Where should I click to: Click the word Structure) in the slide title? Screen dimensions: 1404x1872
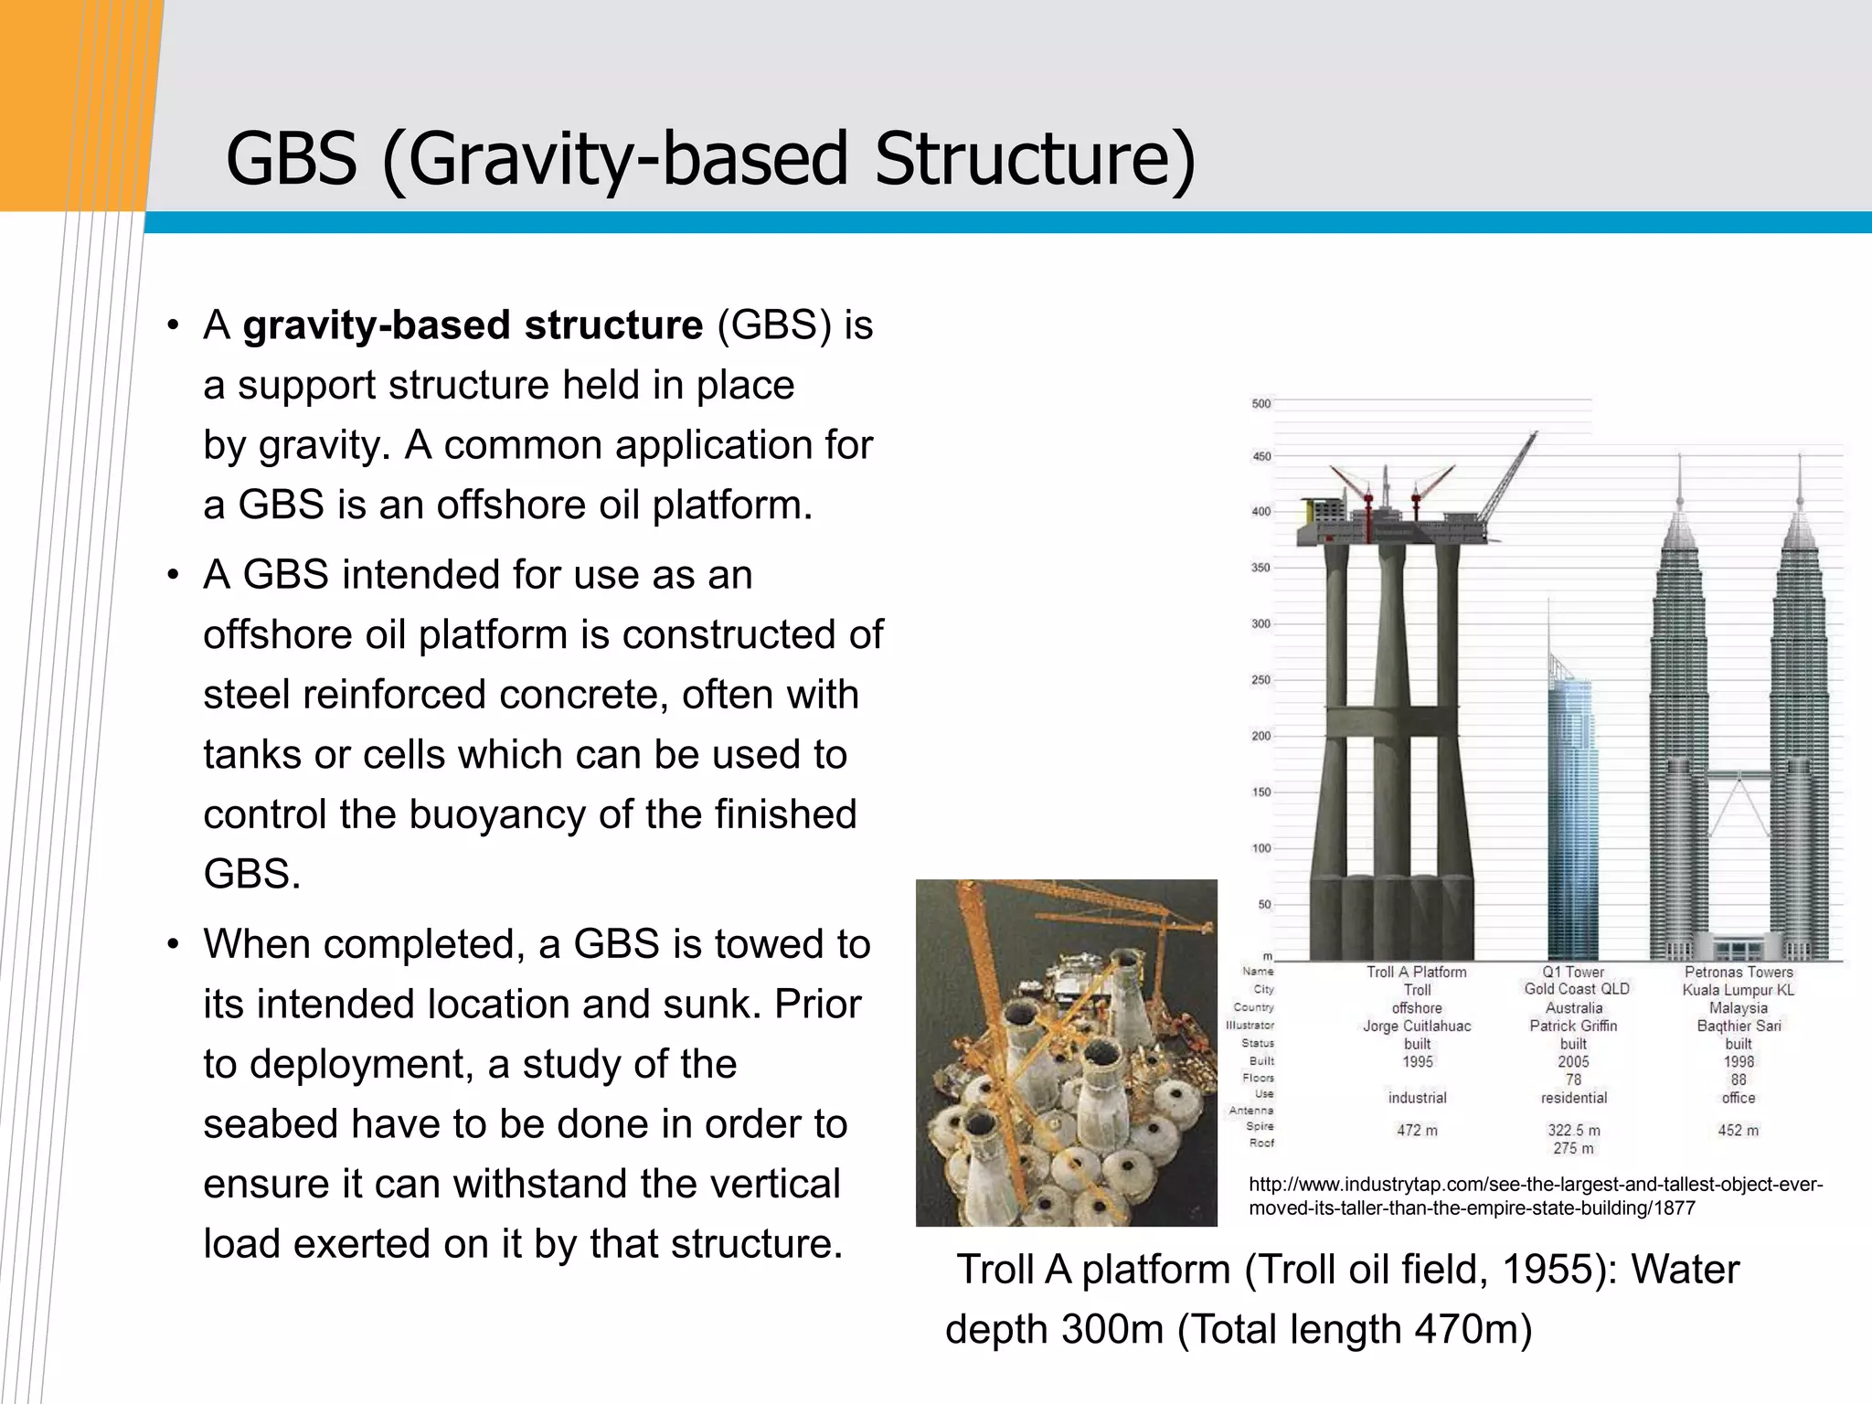tap(1034, 159)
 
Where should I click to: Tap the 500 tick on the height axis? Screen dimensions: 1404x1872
tap(1260, 403)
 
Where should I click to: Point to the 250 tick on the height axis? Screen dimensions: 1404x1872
tap(1260, 680)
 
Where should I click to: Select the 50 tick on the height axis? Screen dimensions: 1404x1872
tap(1264, 904)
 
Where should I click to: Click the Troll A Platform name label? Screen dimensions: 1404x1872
tap(1416, 973)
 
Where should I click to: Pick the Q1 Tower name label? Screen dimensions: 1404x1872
tap(1573, 973)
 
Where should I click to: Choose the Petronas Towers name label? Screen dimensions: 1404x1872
tap(1739, 973)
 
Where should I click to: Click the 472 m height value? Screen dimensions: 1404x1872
tap(1417, 1131)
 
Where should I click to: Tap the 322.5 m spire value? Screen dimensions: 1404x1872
tap(1573, 1131)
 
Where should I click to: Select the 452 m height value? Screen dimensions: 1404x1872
tap(1739, 1131)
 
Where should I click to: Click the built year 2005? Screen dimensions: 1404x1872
tap(1573, 1061)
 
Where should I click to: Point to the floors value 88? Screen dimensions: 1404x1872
tap(1739, 1080)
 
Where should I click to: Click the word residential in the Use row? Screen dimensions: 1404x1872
tap(1573, 1098)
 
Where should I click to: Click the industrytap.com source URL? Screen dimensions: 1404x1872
tap(1535, 1197)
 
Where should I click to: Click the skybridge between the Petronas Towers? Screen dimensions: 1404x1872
tap(1739, 775)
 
